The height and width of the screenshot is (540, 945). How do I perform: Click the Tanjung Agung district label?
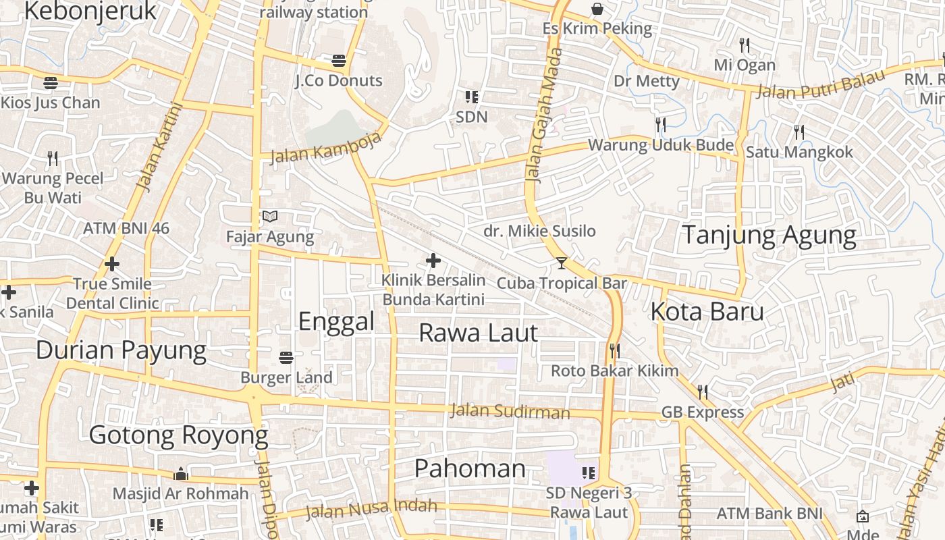(769, 236)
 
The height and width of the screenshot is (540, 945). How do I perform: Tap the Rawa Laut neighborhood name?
(478, 333)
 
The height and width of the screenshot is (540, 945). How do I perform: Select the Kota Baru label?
(707, 312)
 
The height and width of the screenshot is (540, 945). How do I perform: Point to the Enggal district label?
(336, 321)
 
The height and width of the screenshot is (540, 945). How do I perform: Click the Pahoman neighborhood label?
(470, 468)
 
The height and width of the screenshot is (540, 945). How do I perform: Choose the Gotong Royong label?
(179, 435)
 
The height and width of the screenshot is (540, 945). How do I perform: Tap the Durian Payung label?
(121, 350)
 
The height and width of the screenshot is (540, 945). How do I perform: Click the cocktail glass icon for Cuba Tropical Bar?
(562, 263)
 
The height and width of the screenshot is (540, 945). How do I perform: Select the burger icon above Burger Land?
(286, 356)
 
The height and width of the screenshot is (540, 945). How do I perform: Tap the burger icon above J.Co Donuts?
(339, 61)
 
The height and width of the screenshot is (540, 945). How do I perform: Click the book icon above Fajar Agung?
(270, 217)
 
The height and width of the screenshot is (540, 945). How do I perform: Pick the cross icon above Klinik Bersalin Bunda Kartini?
(433, 261)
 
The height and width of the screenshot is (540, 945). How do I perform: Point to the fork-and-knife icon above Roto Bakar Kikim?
(614, 350)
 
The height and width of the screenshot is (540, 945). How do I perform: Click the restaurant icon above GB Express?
(703, 391)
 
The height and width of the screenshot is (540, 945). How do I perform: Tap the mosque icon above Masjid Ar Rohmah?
(180, 473)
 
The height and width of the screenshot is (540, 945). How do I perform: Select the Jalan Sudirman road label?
(510, 411)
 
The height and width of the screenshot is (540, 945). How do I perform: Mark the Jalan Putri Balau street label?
(819, 84)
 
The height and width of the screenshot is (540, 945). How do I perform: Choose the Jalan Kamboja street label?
(325, 148)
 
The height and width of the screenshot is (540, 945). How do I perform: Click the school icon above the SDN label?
(472, 97)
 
